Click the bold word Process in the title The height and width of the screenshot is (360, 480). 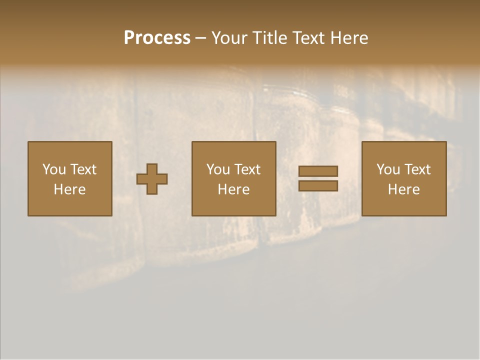click(157, 38)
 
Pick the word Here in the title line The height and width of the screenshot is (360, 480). click(351, 38)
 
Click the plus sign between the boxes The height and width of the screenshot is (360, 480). click(152, 178)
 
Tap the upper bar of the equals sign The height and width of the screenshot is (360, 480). click(318, 171)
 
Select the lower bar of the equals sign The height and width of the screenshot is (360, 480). click(318, 185)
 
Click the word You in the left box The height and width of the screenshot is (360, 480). click(54, 169)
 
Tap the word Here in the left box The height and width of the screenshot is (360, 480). click(69, 189)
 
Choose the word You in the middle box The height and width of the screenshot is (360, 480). click(218, 169)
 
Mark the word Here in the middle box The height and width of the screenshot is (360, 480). click(233, 189)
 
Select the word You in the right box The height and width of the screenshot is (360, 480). click(388, 169)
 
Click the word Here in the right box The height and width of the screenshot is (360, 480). click(403, 189)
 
